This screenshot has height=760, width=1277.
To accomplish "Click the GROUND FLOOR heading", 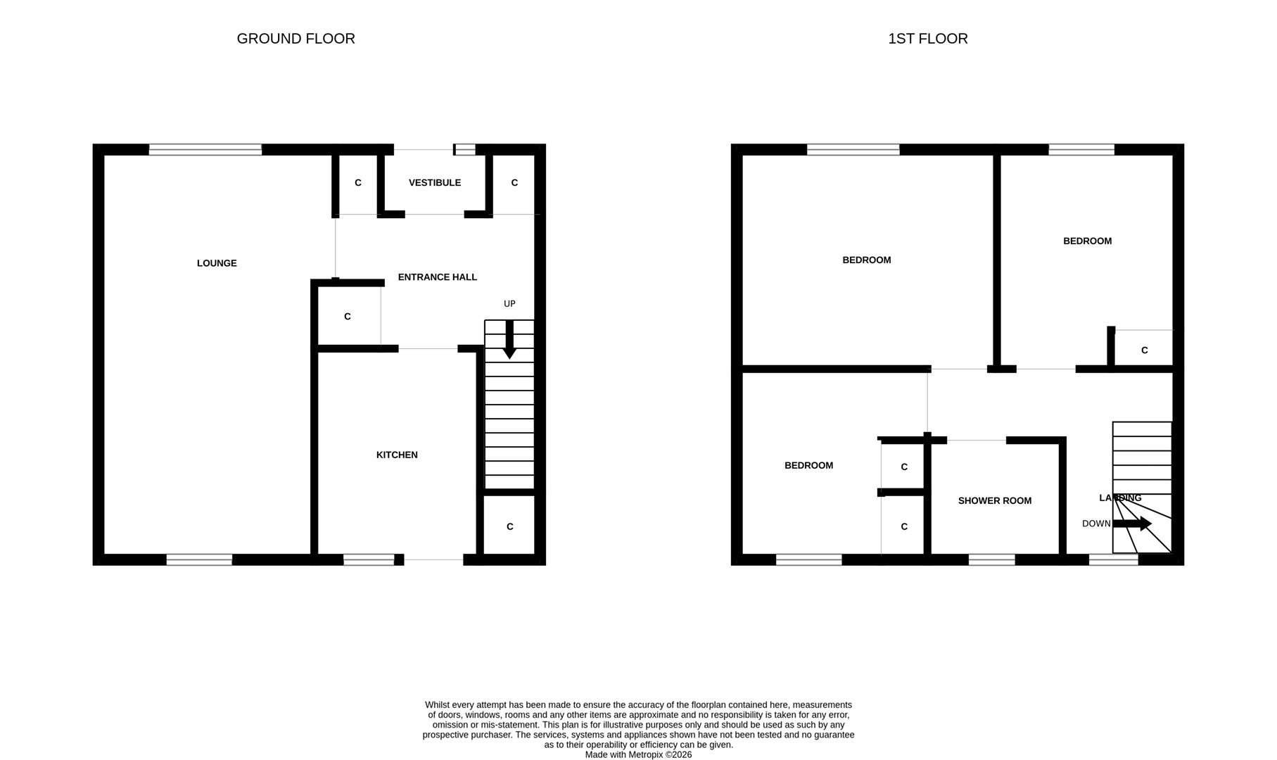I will (x=296, y=39).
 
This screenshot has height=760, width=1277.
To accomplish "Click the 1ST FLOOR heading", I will (x=927, y=39).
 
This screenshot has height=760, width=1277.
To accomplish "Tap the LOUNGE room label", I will (x=217, y=263).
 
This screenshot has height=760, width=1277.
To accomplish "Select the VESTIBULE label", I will (x=435, y=182).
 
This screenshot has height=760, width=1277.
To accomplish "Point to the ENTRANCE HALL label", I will (x=437, y=277).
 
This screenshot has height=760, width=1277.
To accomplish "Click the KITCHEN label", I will (x=397, y=455).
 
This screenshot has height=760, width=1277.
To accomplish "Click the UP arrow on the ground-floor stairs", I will (x=509, y=340).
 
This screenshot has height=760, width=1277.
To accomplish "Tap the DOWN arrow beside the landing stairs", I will (x=1132, y=524).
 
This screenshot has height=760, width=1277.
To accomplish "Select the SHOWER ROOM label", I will (x=994, y=501).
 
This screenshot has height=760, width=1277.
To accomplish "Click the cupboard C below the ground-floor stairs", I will (x=509, y=526).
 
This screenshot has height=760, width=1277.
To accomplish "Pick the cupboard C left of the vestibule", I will (x=357, y=183).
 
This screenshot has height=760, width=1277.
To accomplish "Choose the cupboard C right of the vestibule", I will (x=514, y=183).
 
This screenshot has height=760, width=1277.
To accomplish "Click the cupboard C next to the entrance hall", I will (x=347, y=317).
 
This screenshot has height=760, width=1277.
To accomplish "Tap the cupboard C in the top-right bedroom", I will (x=1144, y=350).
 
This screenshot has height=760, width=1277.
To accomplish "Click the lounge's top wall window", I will (x=205, y=149).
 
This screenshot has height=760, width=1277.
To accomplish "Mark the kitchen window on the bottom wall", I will (x=369, y=560).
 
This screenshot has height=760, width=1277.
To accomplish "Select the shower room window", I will (x=991, y=560).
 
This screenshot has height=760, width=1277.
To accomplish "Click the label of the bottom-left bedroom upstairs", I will (x=808, y=466).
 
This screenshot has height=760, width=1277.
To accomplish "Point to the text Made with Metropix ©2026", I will (x=638, y=754).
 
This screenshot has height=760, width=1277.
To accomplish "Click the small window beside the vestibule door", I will (x=465, y=149).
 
